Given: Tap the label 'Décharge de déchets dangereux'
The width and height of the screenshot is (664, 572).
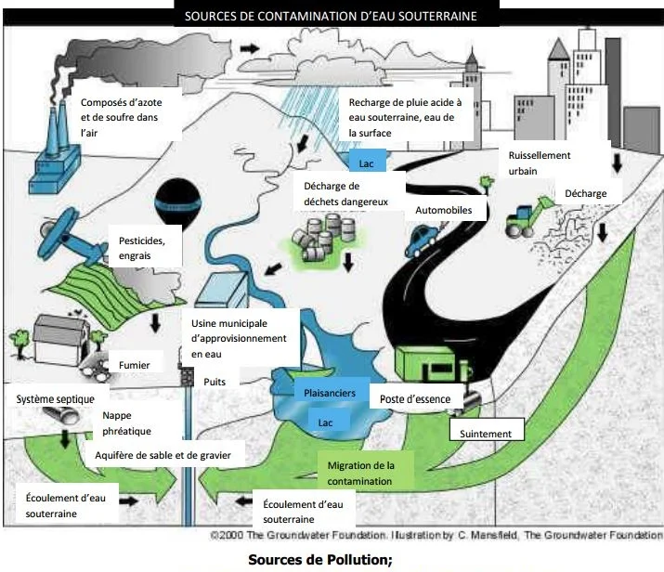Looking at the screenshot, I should [x=345, y=192].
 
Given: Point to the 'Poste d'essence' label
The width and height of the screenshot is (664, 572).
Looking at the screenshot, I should [x=415, y=399].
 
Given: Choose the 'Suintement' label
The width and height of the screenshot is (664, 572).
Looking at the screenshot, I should [x=487, y=432].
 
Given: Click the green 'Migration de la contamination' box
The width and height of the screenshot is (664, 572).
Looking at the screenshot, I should [x=361, y=473].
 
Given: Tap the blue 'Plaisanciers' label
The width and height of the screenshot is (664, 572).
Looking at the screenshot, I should [x=330, y=393].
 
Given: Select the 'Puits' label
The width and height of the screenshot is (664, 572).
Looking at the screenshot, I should [x=215, y=381].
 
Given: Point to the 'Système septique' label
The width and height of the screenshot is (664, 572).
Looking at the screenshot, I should [x=55, y=398].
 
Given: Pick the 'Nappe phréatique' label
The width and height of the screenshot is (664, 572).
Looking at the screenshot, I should [x=126, y=423].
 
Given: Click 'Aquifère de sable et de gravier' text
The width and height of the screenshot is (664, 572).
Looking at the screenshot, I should [x=169, y=455].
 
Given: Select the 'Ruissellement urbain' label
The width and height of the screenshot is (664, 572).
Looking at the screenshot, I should [x=539, y=163].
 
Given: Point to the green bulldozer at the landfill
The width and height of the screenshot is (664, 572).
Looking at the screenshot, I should [x=524, y=219].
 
